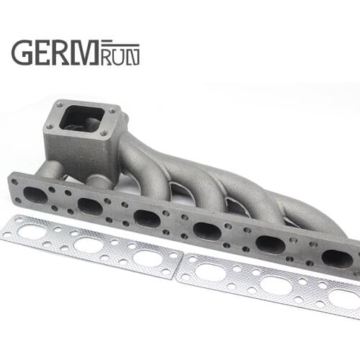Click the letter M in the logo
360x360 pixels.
91,52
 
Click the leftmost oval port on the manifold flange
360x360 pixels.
35,195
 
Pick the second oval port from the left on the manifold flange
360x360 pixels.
90,206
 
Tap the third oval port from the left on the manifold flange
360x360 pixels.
147,218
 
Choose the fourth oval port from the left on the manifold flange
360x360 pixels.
207,231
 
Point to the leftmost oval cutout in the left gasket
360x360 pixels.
32,233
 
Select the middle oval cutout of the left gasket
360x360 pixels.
89,245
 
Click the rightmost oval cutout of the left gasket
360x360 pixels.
147,258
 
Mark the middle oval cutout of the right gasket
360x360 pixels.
276,286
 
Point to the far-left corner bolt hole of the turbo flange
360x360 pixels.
60,104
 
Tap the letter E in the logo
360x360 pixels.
45,52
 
